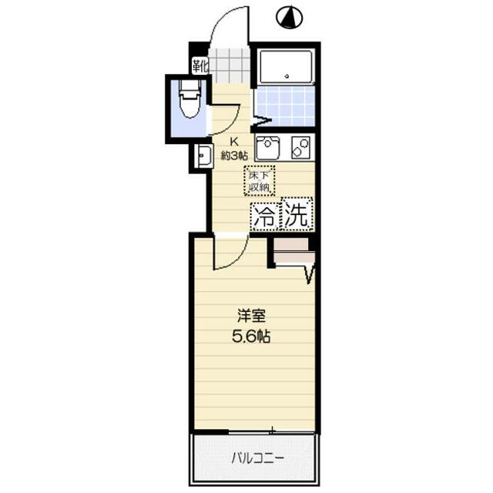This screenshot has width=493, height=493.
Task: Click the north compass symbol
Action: (290, 17)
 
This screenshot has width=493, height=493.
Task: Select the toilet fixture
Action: (187, 102)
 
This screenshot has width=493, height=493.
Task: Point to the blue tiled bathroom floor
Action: (285, 106)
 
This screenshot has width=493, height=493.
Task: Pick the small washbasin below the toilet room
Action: (203, 156)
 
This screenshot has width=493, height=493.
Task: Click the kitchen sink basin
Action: (267, 146)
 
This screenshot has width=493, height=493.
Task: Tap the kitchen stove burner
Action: (300, 146)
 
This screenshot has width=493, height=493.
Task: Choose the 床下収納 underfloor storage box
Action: (259, 179)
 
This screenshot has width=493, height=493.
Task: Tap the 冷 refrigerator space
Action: (263, 216)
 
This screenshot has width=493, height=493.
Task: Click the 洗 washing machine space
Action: (297, 215)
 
